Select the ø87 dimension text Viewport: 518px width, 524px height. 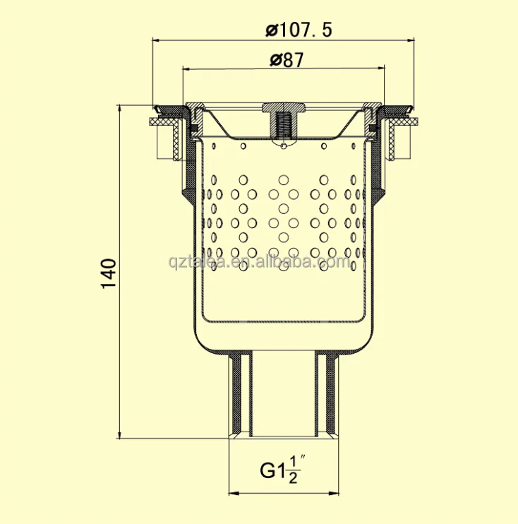coord(286,61)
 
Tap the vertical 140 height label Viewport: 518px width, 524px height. coord(108,273)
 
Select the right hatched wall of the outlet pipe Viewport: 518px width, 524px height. coord(327,395)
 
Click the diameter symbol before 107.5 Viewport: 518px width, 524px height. coord(271,30)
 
